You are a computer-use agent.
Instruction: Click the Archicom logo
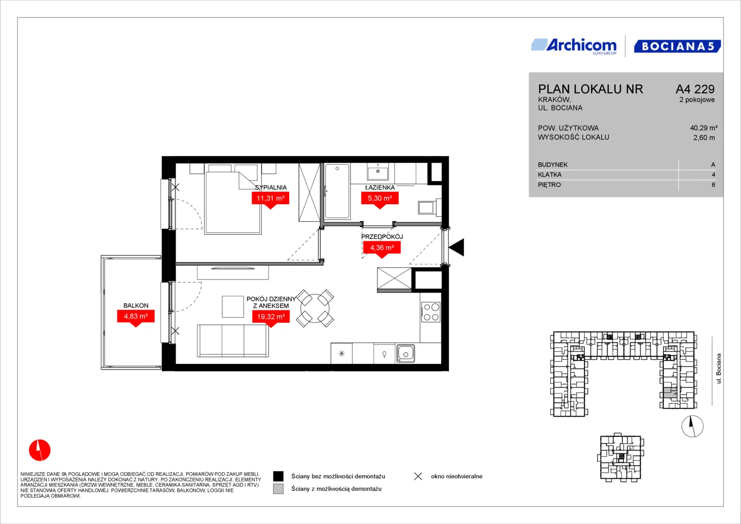point(574,46)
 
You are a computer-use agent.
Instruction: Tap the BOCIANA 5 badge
point(677,46)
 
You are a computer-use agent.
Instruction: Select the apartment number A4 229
point(695,89)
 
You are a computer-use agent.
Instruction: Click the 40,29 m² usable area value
point(704,128)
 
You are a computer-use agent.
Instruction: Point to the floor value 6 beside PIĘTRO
point(713,185)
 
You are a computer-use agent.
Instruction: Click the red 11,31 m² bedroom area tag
point(271,199)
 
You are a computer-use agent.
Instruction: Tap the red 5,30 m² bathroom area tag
point(380,199)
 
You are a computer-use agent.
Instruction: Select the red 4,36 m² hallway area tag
point(382,249)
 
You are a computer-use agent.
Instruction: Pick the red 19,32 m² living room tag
point(271,318)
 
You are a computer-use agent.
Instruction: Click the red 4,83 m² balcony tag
point(135,318)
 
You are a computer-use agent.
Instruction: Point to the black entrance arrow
point(457,247)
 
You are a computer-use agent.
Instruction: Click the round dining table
point(315,308)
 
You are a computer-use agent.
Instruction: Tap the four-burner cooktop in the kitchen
point(431,312)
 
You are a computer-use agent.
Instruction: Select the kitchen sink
point(406,354)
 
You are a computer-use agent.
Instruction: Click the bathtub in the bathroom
point(337,191)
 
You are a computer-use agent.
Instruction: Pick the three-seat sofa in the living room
point(233,341)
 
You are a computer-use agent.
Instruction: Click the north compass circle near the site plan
point(692,426)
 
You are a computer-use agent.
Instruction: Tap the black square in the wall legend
point(278,476)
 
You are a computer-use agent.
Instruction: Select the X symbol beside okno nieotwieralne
point(418,476)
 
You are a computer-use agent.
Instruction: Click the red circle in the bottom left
point(40,450)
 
